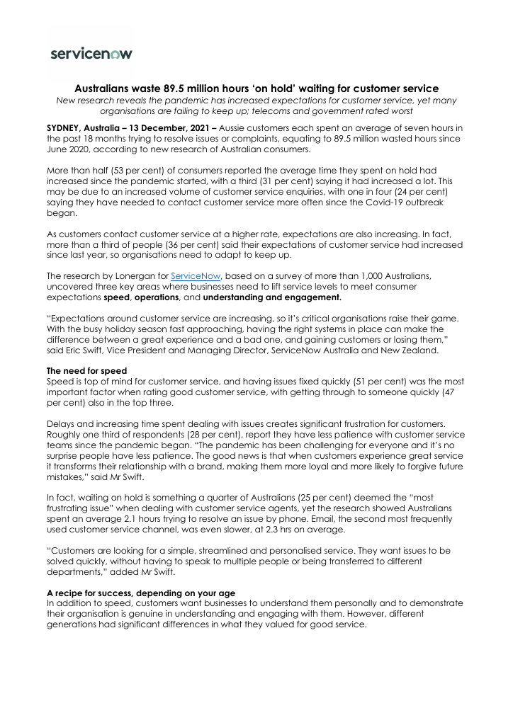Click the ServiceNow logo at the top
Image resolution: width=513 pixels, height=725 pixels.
click(91, 53)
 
